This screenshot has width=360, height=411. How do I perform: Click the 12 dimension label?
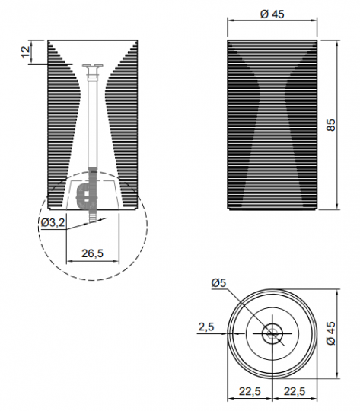click(25, 52)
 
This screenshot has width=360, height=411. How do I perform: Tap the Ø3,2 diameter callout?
click(53, 222)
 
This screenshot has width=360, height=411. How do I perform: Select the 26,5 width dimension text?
click(93, 253)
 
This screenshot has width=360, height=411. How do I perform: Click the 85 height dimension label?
click(331, 125)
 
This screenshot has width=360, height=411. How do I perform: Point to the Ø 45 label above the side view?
click(272, 14)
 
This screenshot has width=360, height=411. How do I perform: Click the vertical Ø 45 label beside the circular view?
click(331, 333)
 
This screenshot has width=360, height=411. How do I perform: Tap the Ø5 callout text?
click(218, 283)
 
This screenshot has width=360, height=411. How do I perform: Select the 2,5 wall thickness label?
click(206, 327)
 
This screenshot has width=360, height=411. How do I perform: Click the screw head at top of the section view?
click(93, 65)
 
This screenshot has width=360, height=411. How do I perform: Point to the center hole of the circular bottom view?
click(272, 333)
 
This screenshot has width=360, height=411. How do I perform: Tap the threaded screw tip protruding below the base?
click(92, 215)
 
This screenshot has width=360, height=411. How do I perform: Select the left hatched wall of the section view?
click(63, 125)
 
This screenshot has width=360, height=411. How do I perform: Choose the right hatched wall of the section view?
click(122, 125)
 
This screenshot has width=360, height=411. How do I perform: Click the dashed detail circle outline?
click(93, 281)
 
